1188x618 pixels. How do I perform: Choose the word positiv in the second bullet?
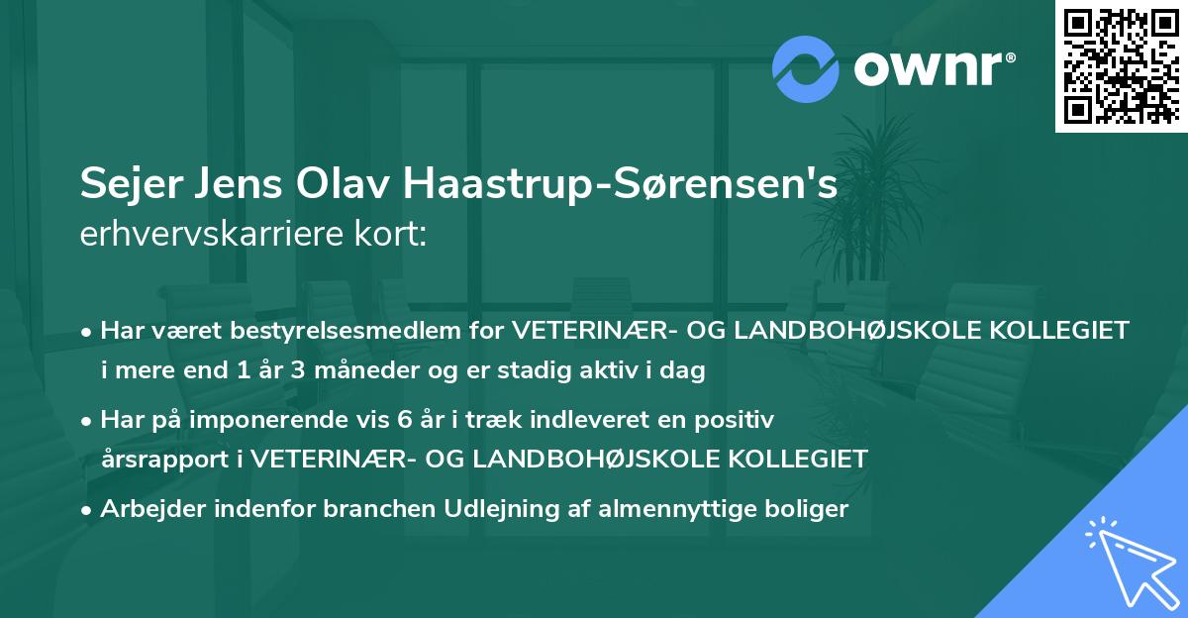[735, 419]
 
